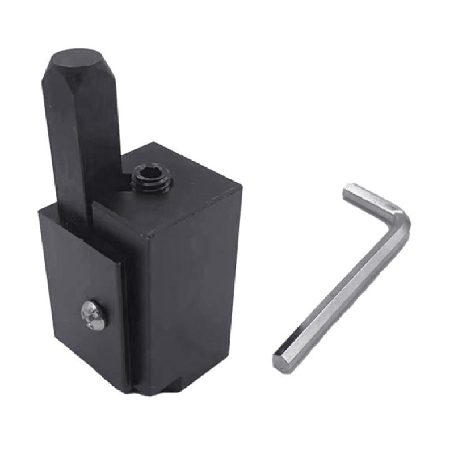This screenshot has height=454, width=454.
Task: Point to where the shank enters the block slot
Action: (79, 218)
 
